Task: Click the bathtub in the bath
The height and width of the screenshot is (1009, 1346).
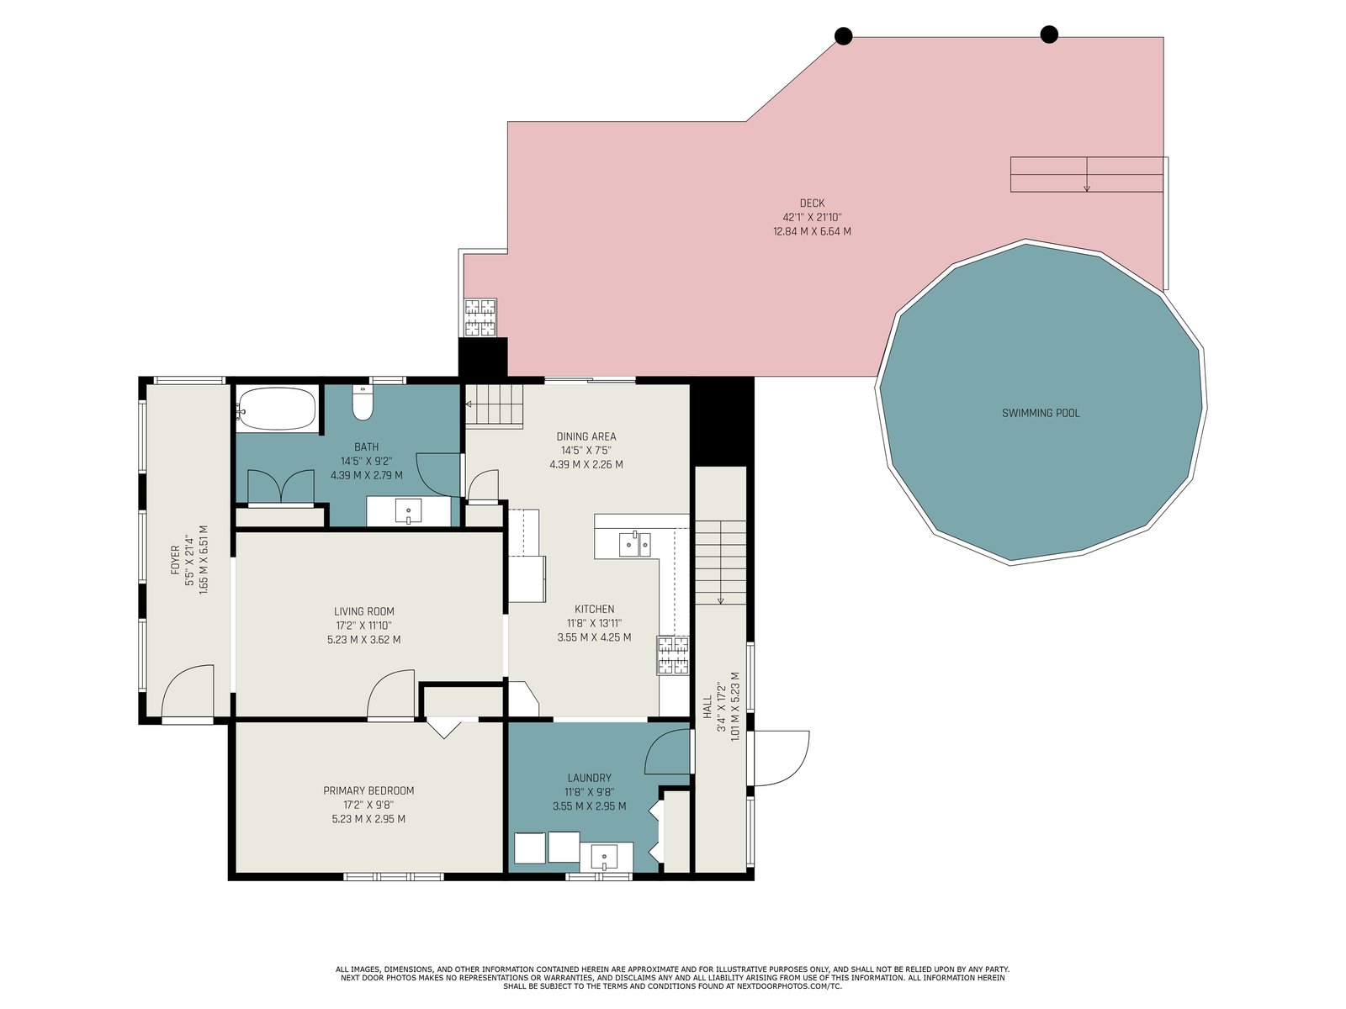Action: point(277,409)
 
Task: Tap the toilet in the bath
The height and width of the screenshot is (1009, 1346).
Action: point(363,402)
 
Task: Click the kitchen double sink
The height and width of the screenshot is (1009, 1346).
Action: point(634,543)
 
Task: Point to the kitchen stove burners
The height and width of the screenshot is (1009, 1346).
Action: point(673,655)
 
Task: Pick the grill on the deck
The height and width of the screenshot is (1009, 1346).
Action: point(480,317)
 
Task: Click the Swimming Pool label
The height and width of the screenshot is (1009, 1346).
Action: point(1041,413)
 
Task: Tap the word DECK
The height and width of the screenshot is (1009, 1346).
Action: point(812,203)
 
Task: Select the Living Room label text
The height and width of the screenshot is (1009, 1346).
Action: point(363,610)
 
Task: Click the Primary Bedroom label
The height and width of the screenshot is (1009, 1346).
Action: point(368,790)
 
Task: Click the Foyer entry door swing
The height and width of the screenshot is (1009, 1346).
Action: point(187,689)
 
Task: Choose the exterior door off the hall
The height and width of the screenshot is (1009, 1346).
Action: point(782,758)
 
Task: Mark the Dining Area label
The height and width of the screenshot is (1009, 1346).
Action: point(586,436)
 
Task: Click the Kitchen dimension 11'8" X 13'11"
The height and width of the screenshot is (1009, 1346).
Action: point(594,623)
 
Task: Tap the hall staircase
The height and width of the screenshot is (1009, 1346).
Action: point(720,563)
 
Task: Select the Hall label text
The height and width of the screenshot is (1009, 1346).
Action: point(707,706)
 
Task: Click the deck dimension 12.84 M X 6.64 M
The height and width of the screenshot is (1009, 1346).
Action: point(812,231)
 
